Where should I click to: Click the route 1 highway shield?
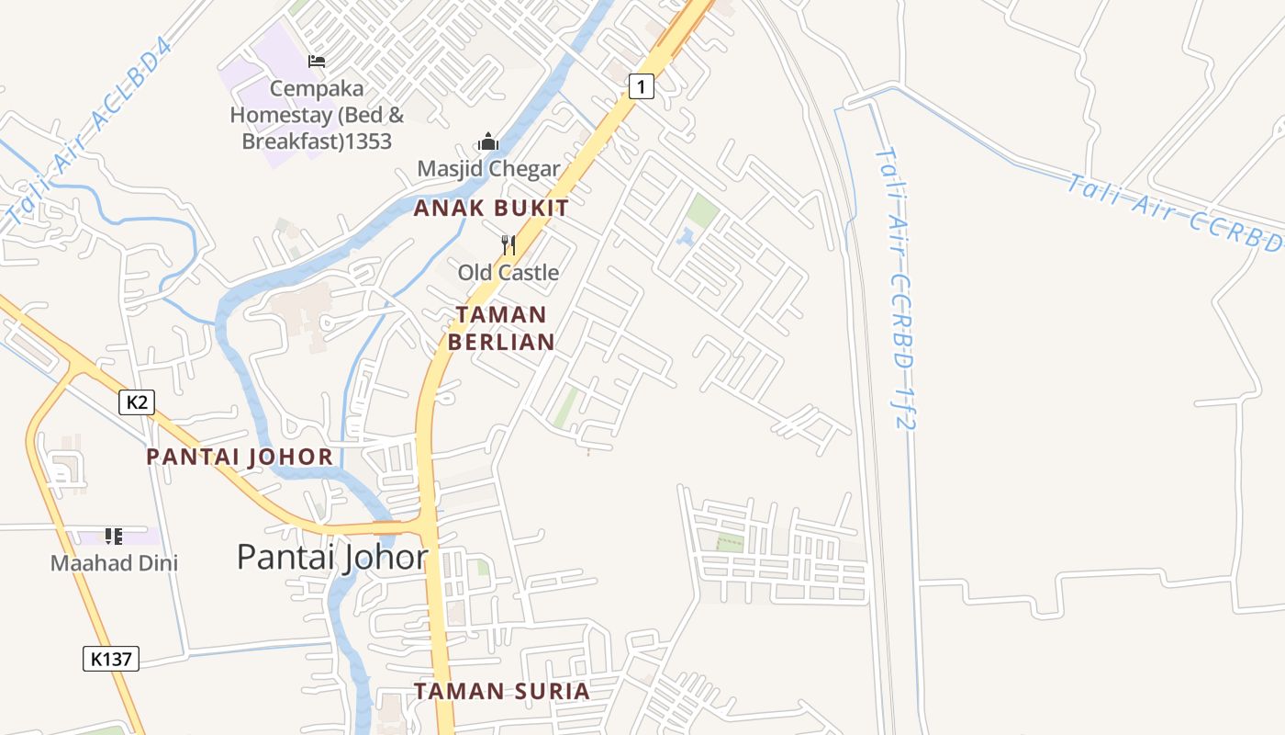pyautogui.click(x=642, y=87)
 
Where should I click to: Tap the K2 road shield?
pyautogui.click(x=136, y=401)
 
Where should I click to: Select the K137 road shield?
pyautogui.click(x=111, y=658)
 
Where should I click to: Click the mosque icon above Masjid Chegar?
pyautogui.click(x=488, y=142)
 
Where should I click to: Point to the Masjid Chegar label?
pyautogui.click(x=488, y=169)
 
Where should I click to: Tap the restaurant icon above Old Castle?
pyautogui.click(x=508, y=245)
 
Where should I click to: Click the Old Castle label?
pyautogui.click(x=508, y=273)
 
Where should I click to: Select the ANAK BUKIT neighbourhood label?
pyautogui.click(x=491, y=209)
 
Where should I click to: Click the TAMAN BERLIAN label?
pyautogui.click(x=501, y=328)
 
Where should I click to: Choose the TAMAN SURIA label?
pyautogui.click(x=501, y=691)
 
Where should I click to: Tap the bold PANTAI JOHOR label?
pyautogui.click(x=240, y=457)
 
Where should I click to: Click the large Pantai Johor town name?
pyautogui.click(x=332, y=557)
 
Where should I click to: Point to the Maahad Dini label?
pyautogui.click(x=114, y=563)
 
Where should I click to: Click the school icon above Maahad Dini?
pyautogui.click(x=113, y=536)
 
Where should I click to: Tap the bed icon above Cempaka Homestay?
pyautogui.click(x=317, y=62)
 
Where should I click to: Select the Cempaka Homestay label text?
pyautogui.click(x=317, y=115)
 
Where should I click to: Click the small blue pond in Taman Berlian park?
pyautogui.click(x=685, y=237)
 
